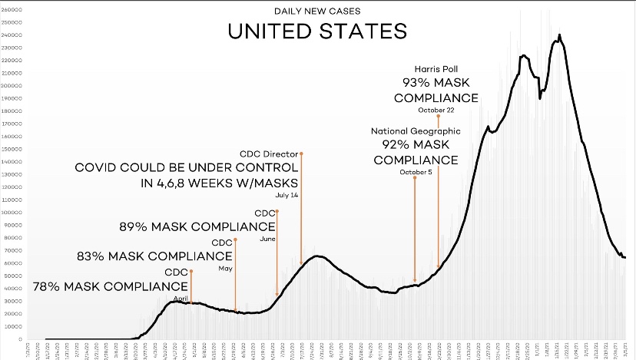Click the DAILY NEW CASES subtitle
[x=316, y=12]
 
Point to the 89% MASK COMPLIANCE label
[x=197, y=227]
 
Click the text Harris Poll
[x=436, y=69]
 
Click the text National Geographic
[x=416, y=131]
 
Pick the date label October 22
[x=436, y=111]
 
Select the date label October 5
[x=416, y=172]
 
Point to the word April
[x=181, y=298]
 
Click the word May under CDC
[x=225, y=269]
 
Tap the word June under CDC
[x=268, y=239]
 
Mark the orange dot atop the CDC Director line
[x=301, y=154]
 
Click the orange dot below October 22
[x=438, y=117]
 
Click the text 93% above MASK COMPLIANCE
[x=419, y=83]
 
